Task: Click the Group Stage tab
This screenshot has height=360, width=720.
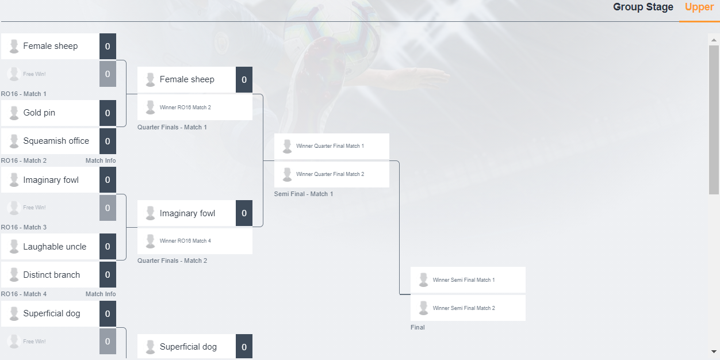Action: (x=643, y=7)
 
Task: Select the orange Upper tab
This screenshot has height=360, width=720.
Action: (x=699, y=7)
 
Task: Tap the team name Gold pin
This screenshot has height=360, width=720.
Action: (x=39, y=113)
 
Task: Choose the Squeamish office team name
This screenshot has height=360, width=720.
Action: (x=56, y=141)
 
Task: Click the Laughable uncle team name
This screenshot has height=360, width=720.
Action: (x=55, y=247)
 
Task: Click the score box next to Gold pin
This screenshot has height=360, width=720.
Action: (x=108, y=113)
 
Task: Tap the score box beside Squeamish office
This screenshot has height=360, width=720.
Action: (x=108, y=141)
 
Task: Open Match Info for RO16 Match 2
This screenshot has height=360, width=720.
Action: (x=101, y=160)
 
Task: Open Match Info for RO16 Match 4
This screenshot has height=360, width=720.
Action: (x=101, y=294)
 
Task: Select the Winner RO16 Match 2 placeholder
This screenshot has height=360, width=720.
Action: (x=185, y=108)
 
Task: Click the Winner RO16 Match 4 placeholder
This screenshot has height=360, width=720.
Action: (x=185, y=241)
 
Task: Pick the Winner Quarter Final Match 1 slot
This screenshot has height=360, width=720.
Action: (x=330, y=146)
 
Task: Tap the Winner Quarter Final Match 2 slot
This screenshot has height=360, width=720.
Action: (x=330, y=174)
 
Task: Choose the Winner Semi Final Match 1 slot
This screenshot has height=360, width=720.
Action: (x=464, y=280)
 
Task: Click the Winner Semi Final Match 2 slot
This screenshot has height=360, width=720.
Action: (x=464, y=308)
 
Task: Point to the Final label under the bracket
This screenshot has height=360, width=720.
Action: (x=418, y=327)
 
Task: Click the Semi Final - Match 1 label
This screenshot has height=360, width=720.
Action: (x=304, y=194)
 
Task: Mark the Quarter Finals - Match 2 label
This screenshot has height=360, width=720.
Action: (x=173, y=261)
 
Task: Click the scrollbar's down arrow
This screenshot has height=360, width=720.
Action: (x=714, y=351)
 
